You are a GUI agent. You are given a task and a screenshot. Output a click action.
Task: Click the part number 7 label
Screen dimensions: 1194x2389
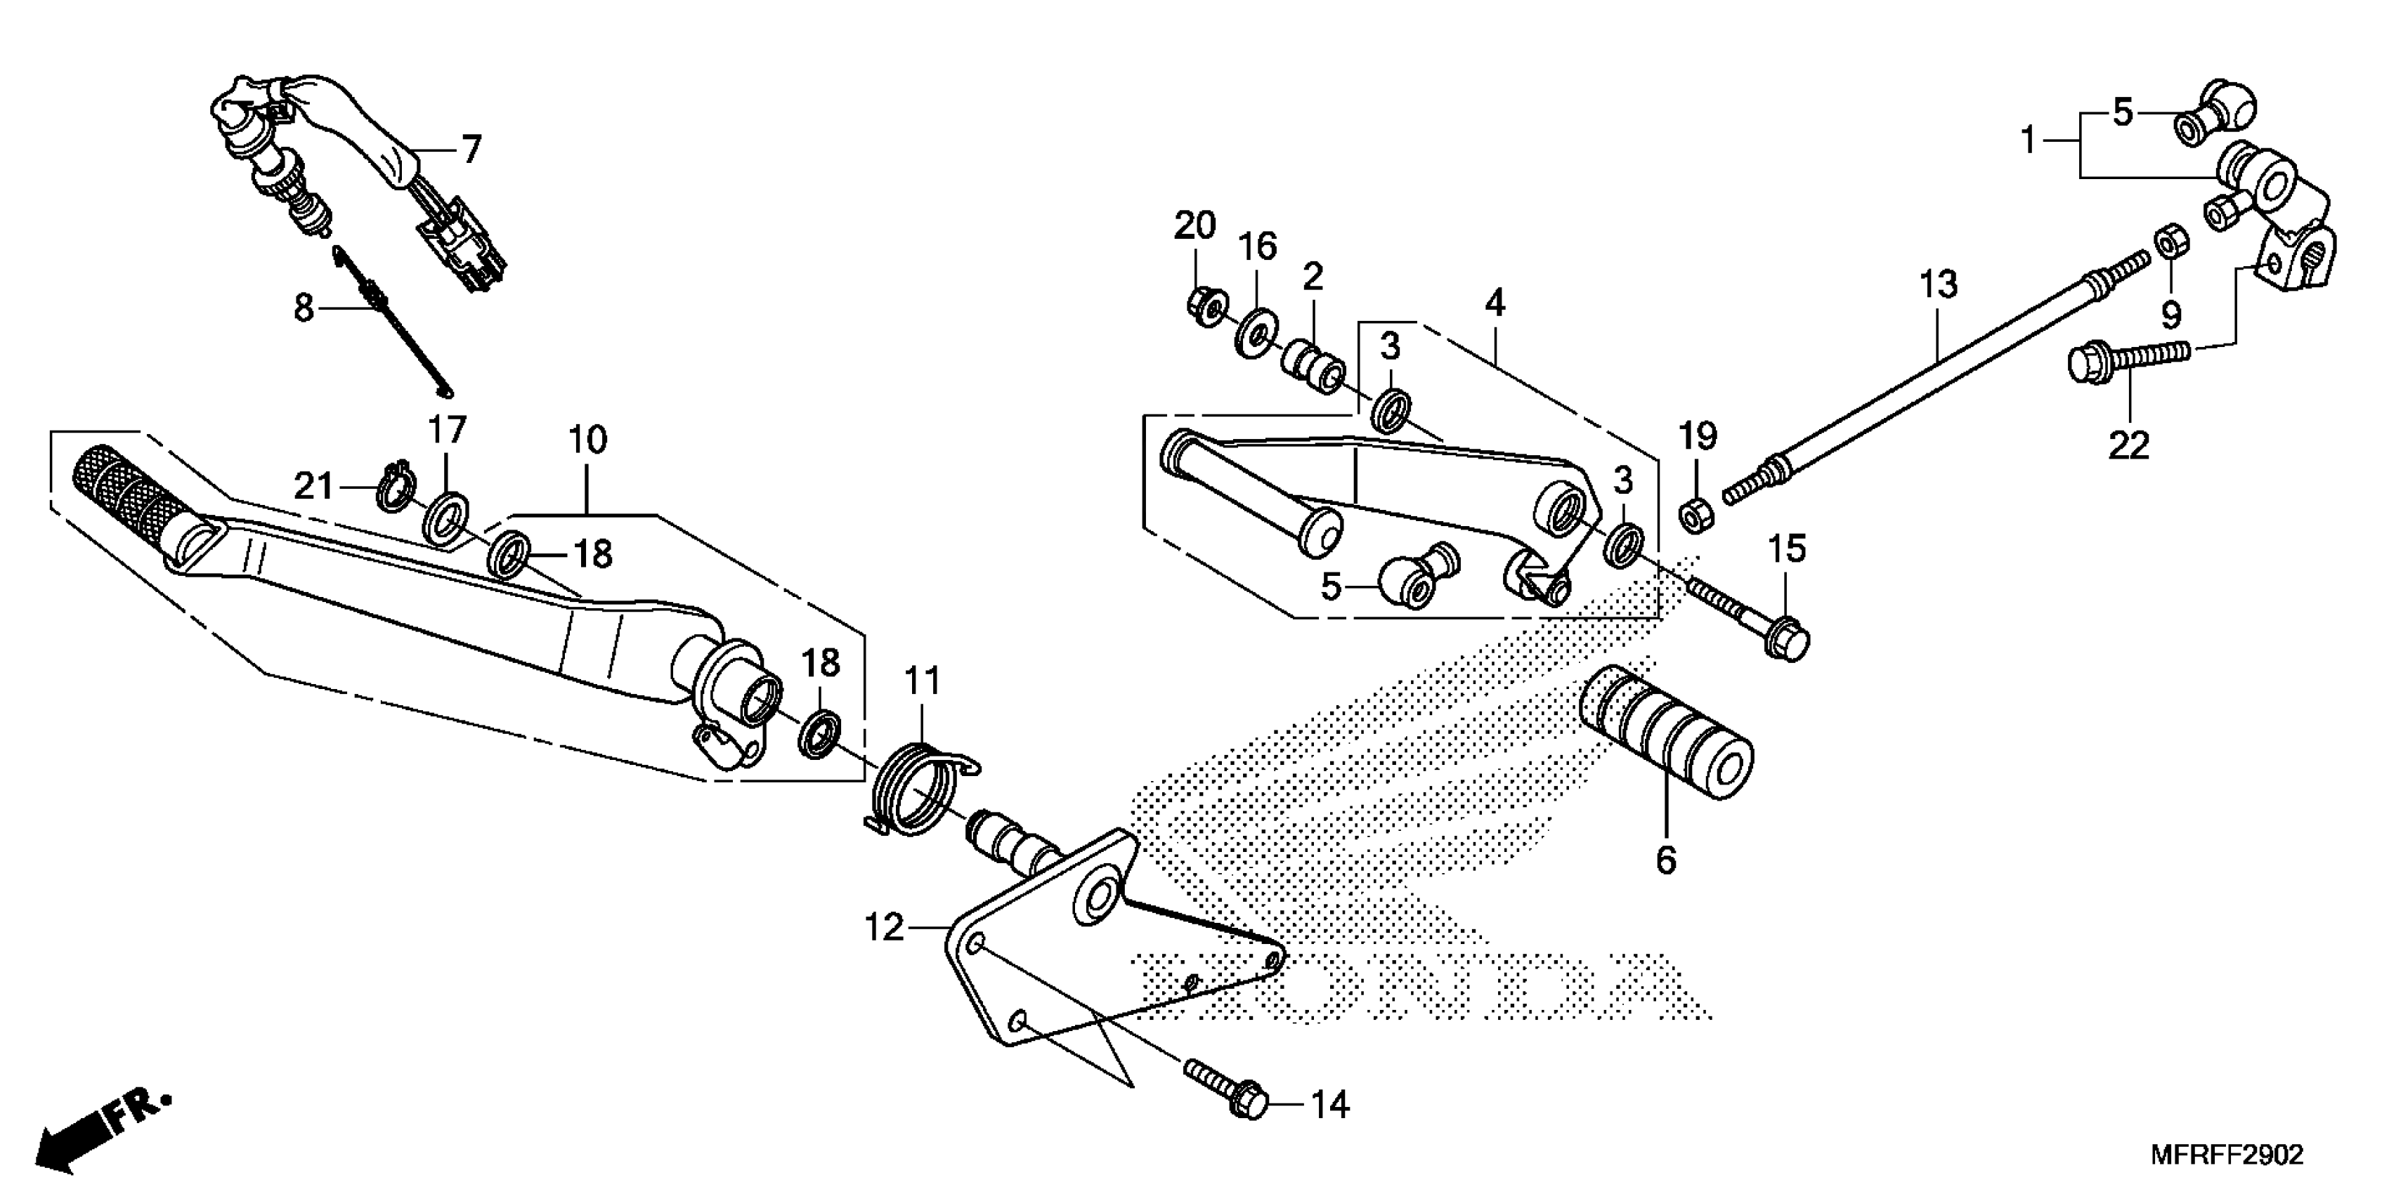pos(472,149)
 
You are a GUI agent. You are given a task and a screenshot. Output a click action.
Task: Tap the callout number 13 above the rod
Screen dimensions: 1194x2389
pos(1939,284)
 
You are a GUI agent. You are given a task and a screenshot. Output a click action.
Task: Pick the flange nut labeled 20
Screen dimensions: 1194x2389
pos(1206,307)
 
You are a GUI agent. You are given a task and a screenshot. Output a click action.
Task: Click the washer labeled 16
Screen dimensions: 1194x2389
pos(1256,332)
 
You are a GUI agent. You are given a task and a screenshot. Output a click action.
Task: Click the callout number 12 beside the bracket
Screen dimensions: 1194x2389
pos(883,928)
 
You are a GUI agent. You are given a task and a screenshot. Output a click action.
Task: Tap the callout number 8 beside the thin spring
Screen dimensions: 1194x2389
pos(304,309)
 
